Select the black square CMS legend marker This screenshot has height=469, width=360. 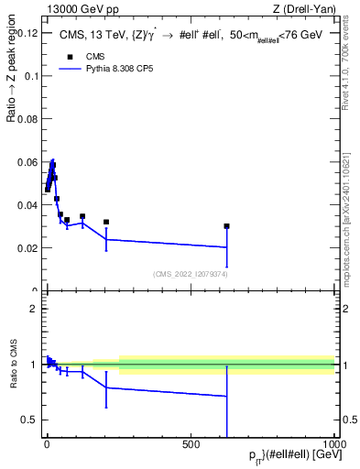pyautogui.click(x=69, y=57)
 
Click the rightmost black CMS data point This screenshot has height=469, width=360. pyautogui.click(x=226, y=226)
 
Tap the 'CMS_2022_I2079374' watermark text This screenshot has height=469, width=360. pyautogui.click(x=190, y=274)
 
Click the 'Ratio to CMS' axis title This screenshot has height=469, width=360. pyautogui.click(x=14, y=365)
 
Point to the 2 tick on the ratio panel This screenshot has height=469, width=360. pyautogui.click(x=33, y=309)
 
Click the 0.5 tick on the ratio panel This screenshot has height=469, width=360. pyautogui.click(x=29, y=420)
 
